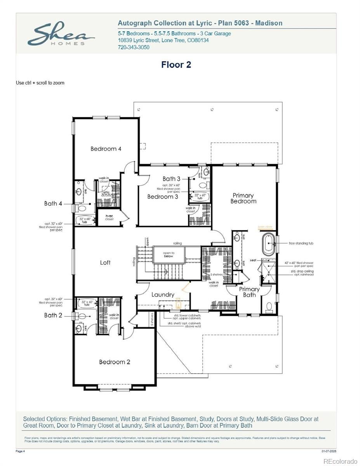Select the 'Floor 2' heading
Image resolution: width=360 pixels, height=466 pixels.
tap(176, 65)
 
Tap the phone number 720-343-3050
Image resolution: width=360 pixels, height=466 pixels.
tap(133, 47)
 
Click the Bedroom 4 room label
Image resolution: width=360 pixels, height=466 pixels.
tap(106, 149)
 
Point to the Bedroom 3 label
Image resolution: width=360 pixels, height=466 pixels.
tap(163, 197)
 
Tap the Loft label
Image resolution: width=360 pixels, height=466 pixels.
tap(105, 263)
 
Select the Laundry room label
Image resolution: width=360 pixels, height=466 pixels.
tap(163, 295)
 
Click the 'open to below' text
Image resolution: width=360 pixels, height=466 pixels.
tap(169, 255)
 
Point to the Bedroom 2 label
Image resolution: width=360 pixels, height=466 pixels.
tap(115, 362)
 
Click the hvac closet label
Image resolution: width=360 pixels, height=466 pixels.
tap(109, 217)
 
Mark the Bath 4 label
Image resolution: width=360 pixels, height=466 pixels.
tap(53, 203)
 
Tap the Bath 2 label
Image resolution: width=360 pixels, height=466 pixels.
tap(53, 315)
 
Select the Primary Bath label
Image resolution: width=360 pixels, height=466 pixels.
tap(249, 292)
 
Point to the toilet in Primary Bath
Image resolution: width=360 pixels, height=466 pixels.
tap(268, 308)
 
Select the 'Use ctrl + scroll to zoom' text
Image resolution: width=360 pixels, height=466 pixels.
tap(40, 83)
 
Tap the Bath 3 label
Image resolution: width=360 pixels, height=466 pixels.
tap(171, 179)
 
